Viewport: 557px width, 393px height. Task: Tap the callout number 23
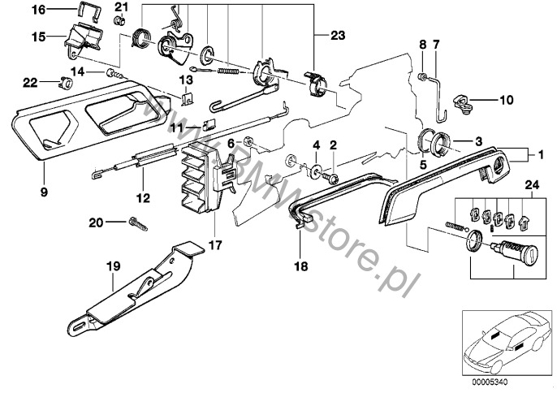tap(337, 35)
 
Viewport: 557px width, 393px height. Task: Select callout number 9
tap(44, 192)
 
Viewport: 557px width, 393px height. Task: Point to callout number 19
tap(113, 266)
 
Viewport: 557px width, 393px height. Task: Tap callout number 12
tap(143, 196)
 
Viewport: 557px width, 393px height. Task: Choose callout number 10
tap(507, 101)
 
